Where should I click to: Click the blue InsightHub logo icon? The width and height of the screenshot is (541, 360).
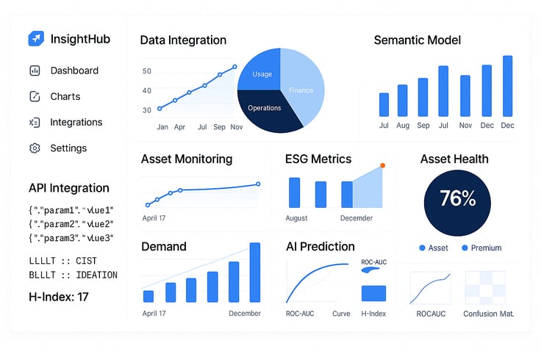[36, 38]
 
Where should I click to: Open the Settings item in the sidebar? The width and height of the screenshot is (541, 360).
[68, 148]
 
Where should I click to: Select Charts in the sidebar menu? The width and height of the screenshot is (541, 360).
[65, 96]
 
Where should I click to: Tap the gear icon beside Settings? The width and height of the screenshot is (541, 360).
[35, 148]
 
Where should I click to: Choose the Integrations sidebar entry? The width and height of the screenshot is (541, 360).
[76, 123]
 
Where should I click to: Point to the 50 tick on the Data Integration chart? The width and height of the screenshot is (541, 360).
[146, 71]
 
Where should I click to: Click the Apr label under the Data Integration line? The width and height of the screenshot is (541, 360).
[179, 127]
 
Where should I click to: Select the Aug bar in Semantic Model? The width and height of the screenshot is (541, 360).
[402, 101]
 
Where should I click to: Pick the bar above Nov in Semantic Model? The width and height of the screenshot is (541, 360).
[465, 96]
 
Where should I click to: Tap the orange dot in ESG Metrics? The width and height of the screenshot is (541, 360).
[383, 165]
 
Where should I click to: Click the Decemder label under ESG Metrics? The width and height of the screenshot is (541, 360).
[357, 218]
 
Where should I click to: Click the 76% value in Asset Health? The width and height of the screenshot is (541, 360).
[457, 198]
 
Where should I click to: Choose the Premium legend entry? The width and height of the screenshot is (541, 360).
[481, 248]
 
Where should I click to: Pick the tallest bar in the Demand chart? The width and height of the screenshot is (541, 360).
[255, 273]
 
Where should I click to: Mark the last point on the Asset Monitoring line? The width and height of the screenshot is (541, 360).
[258, 184]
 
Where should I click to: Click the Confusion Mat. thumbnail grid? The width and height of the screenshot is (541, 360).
[485, 288]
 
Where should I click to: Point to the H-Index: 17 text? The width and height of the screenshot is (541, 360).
[59, 297]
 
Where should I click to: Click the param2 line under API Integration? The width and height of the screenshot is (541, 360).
[71, 224]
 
